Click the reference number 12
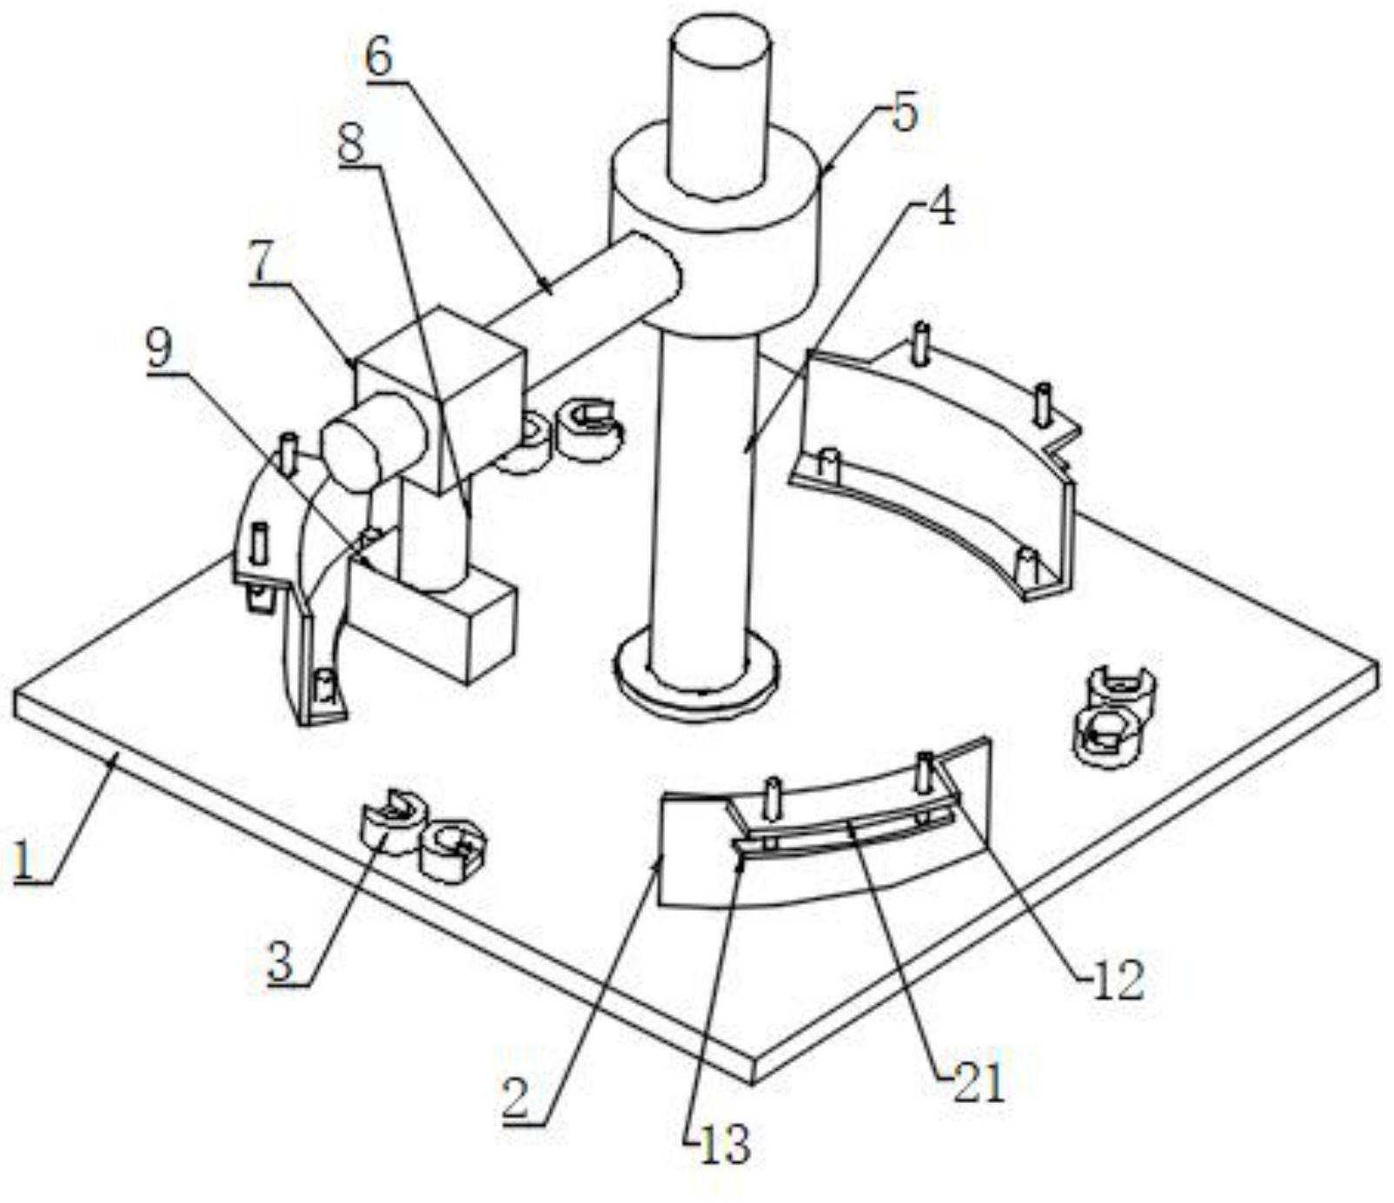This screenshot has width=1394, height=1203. (1119, 980)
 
